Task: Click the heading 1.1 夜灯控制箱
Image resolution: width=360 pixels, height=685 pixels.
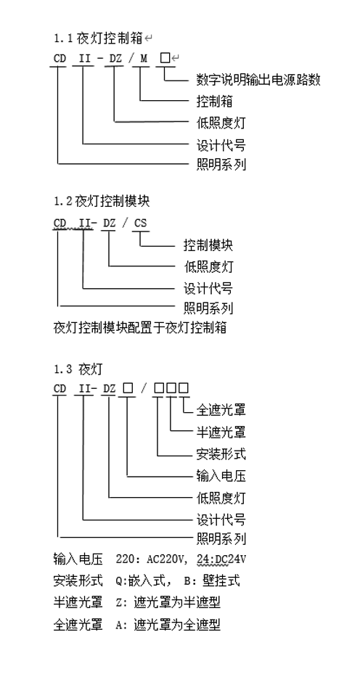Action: click(98, 38)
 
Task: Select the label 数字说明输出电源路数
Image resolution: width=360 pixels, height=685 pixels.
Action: click(258, 80)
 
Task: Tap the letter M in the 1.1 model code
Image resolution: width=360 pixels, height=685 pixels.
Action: click(144, 58)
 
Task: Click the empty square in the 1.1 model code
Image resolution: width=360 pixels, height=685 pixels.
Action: click(165, 57)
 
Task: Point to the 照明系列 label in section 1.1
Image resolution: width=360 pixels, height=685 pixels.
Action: click(221, 165)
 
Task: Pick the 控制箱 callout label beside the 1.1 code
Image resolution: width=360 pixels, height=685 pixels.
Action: click(215, 102)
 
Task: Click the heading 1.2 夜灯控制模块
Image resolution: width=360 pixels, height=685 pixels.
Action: click(102, 202)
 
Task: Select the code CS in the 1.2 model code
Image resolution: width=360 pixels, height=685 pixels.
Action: click(141, 223)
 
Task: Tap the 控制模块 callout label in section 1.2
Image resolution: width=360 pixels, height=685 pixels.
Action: click(208, 245)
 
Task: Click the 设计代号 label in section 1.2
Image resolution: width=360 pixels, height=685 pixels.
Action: click(208, 288)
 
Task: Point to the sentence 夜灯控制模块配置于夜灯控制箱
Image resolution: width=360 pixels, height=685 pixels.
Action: click(140, 327)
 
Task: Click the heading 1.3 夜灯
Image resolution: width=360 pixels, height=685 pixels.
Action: click(78, 369)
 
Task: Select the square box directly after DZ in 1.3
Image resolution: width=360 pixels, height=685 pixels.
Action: click(128, 387)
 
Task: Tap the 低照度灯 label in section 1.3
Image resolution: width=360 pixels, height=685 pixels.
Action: click(221, 498)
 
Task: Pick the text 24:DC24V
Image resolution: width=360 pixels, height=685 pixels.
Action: click(221, 559)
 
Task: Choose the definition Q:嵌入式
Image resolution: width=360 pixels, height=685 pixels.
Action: click(141, 581)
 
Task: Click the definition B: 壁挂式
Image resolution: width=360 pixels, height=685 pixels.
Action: click(212, 581)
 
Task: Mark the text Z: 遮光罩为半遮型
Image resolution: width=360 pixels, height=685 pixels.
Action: click(168, 603)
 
